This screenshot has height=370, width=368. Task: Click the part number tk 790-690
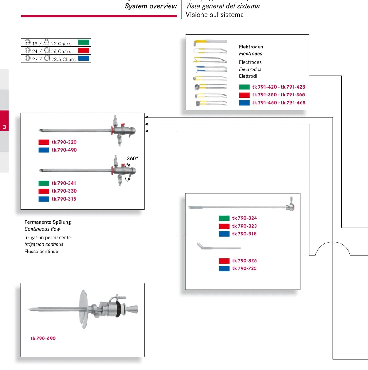[43, 339]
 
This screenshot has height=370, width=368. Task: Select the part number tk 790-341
[64, 183]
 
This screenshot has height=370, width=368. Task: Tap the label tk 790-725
[244, 268]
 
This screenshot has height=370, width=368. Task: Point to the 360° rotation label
[133, 158]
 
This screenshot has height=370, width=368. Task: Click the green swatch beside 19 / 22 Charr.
[84, 43]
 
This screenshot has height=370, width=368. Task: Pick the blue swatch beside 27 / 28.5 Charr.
[84, 58]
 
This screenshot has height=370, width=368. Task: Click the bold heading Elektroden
[251, 47]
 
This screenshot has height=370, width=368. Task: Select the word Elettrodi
[248, 76]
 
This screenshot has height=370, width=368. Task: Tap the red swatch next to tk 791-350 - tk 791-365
[244, 95]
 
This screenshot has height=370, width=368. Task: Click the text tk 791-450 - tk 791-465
[279, 103]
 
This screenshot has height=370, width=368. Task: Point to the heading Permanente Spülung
[48, 222]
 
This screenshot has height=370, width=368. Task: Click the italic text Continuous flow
[42, 229]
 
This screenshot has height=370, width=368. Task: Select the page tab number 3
[4, 127]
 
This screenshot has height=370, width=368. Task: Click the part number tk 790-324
[244, 218]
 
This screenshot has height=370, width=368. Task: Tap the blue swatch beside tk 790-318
[224, 234]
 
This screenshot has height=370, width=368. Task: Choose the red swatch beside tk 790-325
[224, 261]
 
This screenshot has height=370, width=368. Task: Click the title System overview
[151, 6]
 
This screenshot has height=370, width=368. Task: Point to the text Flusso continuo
[41, 251]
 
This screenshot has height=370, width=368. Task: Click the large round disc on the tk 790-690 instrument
[83, 309]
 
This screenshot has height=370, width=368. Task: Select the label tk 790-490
[64, 150]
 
